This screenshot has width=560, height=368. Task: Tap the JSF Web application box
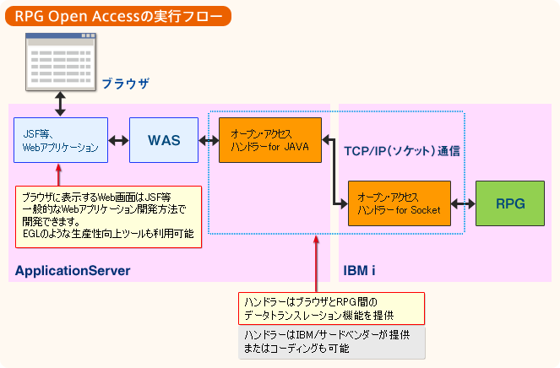click(x=61, y=140)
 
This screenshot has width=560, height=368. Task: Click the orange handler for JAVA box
click(x=270, y=140)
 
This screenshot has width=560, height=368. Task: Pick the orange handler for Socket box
click(x=400, y=203)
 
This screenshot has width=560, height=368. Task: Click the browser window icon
click(x=60, y=60)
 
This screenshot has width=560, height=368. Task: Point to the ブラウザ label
click(x=125, y=84)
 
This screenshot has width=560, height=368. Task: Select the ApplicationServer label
click(x=73, y=271)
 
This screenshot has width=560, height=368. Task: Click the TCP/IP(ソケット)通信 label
click(x=401, y=151)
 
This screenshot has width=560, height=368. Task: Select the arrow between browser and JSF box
click(x=60, y=104)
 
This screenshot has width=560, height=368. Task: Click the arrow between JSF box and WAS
click(x=118, y=141)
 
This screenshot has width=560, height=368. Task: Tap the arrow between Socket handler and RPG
click(x=464, y=203)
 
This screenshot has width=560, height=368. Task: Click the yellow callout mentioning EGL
click(x=108, y=216)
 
